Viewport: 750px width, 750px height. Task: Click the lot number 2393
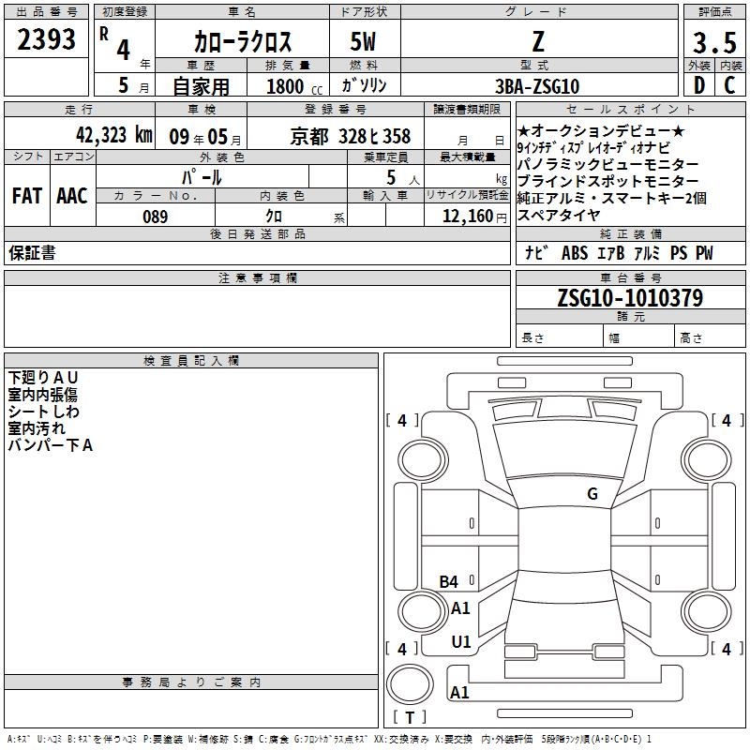46,39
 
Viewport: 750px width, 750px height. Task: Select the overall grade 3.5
714,42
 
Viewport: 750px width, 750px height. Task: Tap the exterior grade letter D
699,85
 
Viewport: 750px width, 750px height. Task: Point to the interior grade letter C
729,85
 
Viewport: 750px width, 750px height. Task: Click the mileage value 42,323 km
114,135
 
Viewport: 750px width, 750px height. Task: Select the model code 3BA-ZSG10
537,86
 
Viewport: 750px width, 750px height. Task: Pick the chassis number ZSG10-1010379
630,297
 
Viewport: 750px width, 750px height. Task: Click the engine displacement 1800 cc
294,86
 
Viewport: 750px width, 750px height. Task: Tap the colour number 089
155,217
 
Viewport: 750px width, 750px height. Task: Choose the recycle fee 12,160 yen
474,217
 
